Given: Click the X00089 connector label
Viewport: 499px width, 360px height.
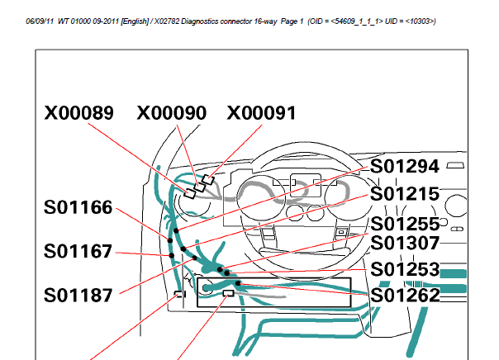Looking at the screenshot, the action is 79,113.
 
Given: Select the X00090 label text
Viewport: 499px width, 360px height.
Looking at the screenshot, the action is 172,113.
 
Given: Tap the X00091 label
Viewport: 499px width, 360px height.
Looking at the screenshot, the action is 261,113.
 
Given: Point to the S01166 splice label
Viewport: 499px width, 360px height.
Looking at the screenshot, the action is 78,207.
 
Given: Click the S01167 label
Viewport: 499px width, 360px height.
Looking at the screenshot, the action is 78,251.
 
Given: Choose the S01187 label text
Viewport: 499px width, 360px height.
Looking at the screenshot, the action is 78,295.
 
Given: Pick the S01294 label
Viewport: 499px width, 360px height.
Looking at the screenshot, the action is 405,166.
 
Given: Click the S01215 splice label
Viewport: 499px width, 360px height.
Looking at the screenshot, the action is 405,194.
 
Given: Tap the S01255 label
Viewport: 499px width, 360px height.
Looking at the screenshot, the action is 405,224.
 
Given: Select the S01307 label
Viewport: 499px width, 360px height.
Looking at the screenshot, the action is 405,243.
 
